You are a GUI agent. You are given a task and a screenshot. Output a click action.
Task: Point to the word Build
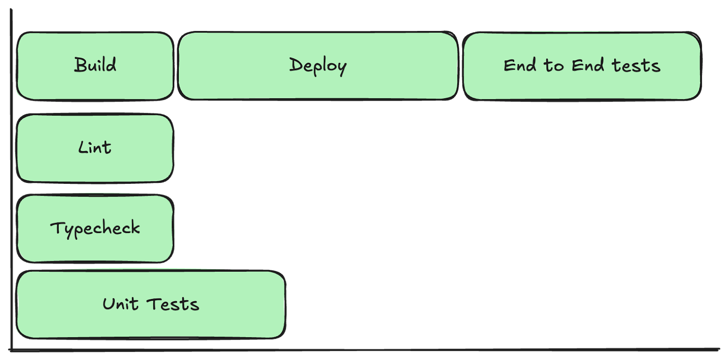point(95,65)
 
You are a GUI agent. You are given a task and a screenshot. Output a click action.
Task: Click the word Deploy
point(318,66)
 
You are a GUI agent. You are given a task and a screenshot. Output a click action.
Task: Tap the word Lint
point(95,147)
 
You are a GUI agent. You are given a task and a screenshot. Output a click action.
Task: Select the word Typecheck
point(95,228)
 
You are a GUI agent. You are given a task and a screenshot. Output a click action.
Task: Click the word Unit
point(120,304)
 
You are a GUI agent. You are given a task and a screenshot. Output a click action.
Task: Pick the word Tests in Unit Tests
point(173,304)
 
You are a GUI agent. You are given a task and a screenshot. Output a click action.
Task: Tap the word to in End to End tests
point(554,66)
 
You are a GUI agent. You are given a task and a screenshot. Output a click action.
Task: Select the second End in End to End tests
point(588,66)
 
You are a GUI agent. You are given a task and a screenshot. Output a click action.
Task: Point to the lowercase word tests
point(636,66)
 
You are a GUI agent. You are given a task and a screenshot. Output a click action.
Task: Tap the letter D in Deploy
point(296,65)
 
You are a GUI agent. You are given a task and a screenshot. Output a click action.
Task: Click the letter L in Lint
point(82,147)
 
